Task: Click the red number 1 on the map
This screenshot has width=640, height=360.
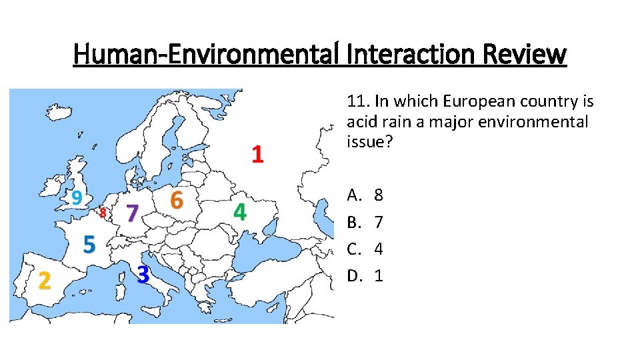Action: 257,155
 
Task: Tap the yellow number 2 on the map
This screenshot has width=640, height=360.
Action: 44,281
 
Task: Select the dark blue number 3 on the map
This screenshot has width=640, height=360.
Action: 143,274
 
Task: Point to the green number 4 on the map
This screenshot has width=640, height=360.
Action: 239,212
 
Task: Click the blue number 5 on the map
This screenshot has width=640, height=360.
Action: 89,244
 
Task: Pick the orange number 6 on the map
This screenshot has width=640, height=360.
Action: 176,199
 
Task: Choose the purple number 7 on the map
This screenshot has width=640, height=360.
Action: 132,214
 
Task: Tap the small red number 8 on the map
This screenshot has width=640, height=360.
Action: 103,213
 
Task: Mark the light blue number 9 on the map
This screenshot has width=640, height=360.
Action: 77,197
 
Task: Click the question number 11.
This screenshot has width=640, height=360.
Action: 357,101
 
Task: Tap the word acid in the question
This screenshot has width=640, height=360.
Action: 359,122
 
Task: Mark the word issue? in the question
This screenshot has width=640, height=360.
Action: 366,142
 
